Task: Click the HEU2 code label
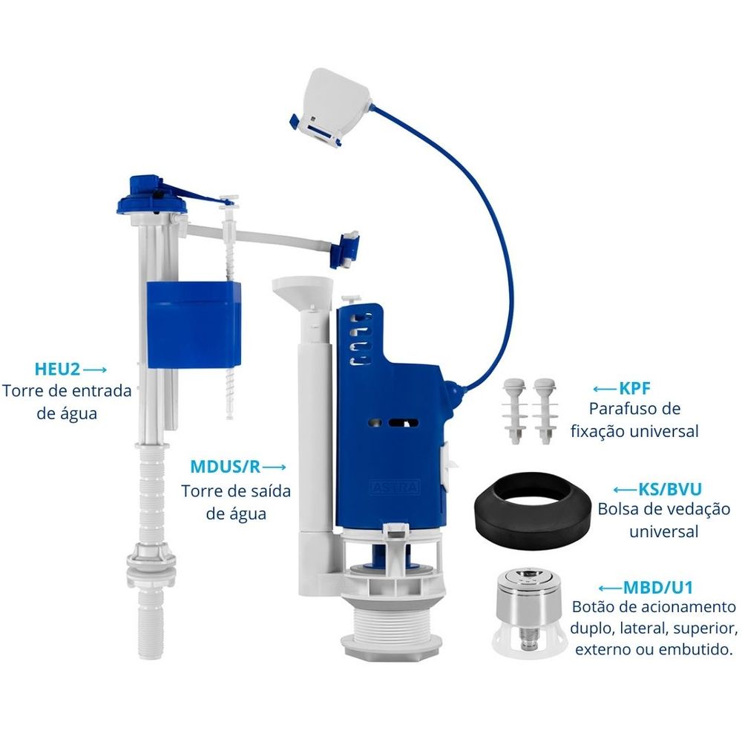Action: click(57, 369)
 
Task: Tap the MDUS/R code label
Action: click(226, 467)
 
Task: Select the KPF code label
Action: click(634, 389)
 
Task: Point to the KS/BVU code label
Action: click(670, 489)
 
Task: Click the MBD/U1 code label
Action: click(658, 587)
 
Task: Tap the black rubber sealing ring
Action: click(532, 511)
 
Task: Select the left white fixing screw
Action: click(514, 411)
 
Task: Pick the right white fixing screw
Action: click(544, 411)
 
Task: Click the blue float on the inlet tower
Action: click(194, 325)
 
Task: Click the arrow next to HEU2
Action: click(95, 370)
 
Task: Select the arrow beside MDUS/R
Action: click(275, 467)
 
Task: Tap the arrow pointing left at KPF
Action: click(605, 389)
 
